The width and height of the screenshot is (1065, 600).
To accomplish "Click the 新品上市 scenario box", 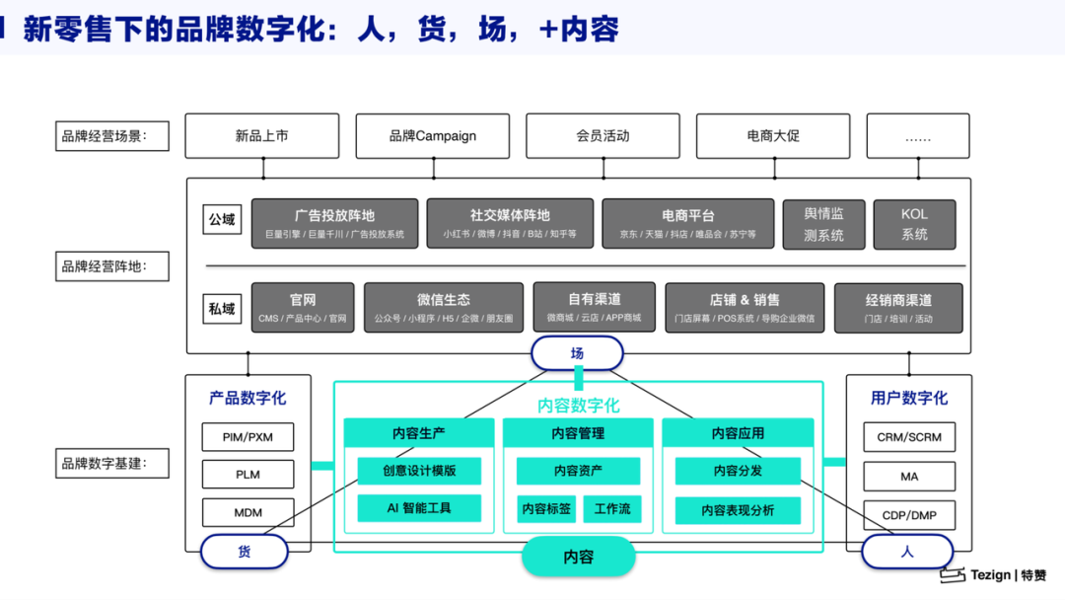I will coord(261,136).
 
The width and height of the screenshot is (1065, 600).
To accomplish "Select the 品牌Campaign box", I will coord(432,136).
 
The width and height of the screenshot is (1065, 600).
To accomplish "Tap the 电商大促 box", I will coord(773,136).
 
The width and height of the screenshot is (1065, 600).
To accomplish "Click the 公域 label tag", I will coord(222,220).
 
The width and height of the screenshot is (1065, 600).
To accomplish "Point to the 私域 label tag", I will coord(222,309).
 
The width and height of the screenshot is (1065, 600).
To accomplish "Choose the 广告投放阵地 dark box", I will coord(334,224).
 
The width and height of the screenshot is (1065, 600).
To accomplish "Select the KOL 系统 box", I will coord(914,224).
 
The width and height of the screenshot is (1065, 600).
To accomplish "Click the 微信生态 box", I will coord(443,308).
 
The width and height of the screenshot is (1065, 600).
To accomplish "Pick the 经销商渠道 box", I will coord(898,308).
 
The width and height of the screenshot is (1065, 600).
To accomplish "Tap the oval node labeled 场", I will coord(577,353).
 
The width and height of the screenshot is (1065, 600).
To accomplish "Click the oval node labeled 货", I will coord(244,552).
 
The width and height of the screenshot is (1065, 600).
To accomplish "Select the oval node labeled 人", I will coord(907,552).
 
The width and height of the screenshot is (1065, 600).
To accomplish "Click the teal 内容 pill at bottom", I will coord(578,557).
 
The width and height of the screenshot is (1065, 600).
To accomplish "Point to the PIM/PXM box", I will coord(248,437).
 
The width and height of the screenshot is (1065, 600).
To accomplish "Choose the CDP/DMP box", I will coord(909,515).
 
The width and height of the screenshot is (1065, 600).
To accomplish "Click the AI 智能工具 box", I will coord(419,508).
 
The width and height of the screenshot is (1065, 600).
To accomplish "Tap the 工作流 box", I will coord(612,509).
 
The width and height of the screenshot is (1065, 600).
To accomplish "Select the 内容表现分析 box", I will coord(738,510).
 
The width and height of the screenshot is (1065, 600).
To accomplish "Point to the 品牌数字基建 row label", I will coord(105,463).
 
